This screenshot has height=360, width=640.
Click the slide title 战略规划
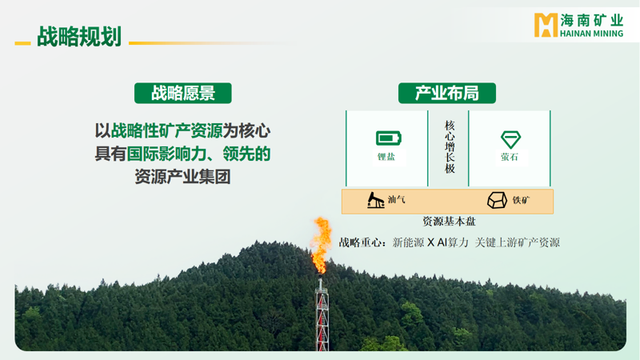(79, 37)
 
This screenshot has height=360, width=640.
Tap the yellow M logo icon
(546, 25)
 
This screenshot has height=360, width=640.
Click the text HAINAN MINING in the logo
(591, 34)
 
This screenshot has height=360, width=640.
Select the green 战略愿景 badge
(183, 93)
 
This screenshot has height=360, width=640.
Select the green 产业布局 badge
(447, 93)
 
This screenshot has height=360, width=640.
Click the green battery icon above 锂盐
(389, 138)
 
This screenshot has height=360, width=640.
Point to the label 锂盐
(386, 157)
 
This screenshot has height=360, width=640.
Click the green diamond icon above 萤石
(510, 139)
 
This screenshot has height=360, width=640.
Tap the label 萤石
(510, 157)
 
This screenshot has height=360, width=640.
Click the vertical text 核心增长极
(450, 147)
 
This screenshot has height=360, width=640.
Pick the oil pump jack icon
(375, 200)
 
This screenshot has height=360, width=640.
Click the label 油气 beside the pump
(396, 199)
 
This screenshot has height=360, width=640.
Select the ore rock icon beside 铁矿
(497, 200)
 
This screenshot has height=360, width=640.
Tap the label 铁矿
(521, 200)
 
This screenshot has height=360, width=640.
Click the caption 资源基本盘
(449, 222)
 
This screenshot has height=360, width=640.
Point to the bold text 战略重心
(361, 242)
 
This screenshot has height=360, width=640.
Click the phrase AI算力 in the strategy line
(453, 242)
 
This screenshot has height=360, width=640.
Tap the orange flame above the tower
(321, 244)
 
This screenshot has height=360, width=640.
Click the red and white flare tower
(322, 314)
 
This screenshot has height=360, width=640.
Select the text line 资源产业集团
(183, 177)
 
